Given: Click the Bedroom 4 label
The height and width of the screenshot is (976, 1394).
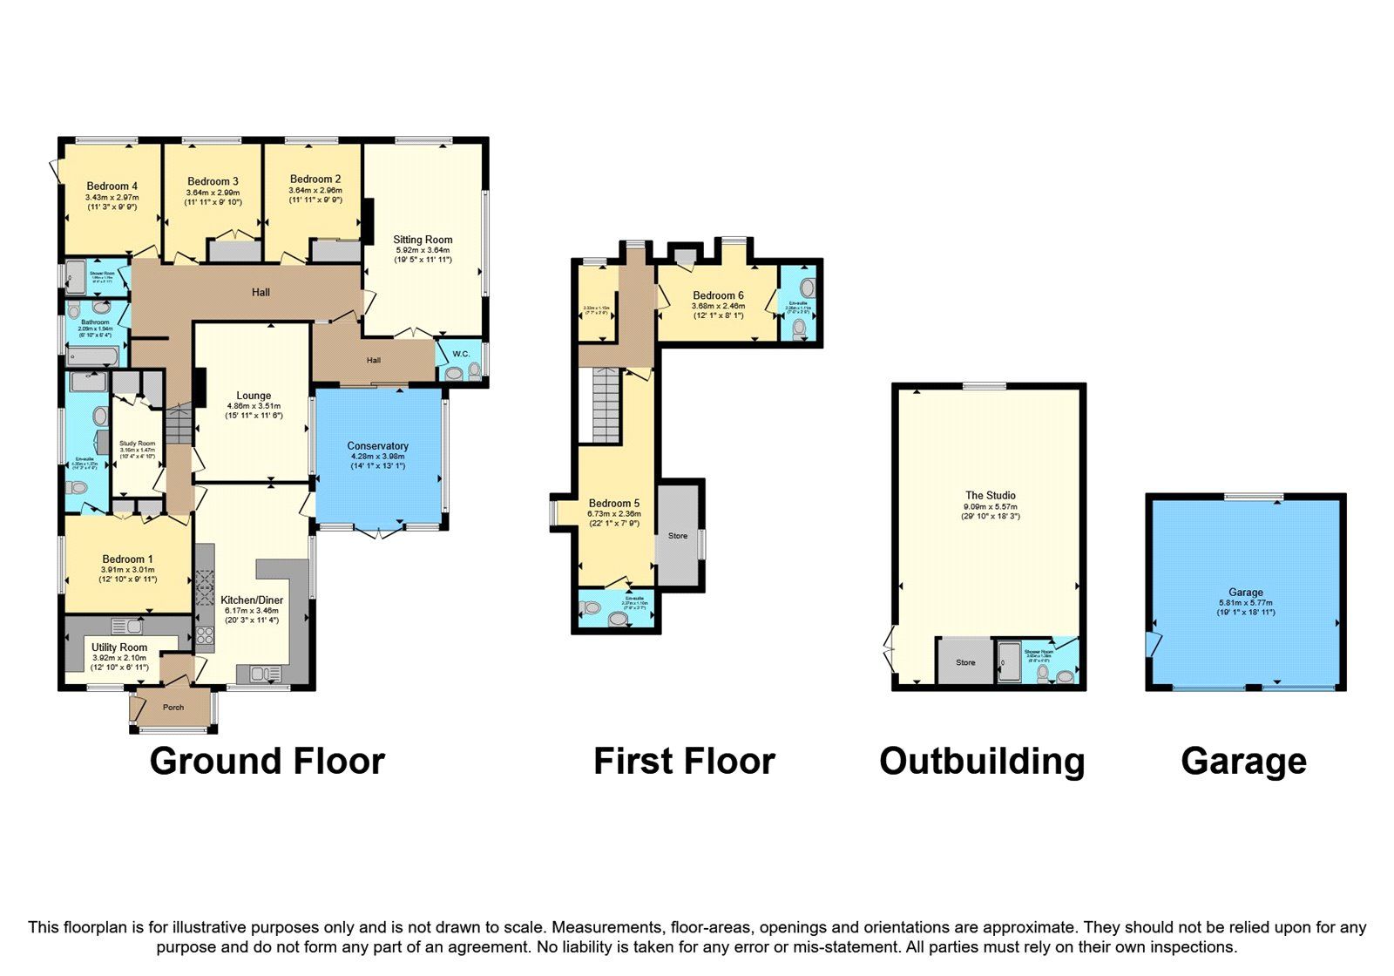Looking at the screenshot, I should [x=112, y=186].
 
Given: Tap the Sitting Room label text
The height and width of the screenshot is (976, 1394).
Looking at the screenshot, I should [x=423, y=240].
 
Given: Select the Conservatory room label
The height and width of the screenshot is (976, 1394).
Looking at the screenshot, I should [x=377, y=446].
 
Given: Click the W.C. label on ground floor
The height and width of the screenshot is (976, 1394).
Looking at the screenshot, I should [x=460, y=354].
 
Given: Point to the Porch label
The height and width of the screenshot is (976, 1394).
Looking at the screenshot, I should [x=173, y=707].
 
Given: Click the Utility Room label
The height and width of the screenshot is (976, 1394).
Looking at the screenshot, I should [x=119, y=647].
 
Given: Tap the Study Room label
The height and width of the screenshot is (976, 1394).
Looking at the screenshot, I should [x=138, y=444].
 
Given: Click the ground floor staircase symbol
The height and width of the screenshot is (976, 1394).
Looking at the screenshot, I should [x=179, y=425].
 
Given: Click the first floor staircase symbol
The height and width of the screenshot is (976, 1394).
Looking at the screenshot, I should [x=605, y=405].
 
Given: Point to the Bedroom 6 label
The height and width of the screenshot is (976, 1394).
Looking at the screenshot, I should [x=718, y=295].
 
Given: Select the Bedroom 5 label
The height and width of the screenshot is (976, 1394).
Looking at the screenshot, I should [x=613, y=503].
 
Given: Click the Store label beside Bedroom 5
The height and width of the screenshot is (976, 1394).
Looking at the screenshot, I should [x=678, y=535].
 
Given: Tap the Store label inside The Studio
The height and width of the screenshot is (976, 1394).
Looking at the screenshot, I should [x=965, y=662].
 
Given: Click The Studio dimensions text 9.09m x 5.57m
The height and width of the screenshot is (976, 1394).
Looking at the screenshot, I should [x=989, y=506].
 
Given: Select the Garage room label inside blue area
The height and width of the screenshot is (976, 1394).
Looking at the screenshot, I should [x=1245, y=592].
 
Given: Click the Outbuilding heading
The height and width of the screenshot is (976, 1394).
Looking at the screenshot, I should [x=982, y=761].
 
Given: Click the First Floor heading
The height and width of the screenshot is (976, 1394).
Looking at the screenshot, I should [x=684, y=761].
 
